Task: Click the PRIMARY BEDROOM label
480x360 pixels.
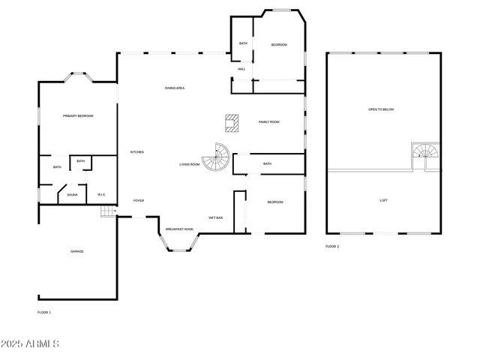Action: [x=78, y=115]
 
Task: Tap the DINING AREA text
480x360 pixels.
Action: [x=175, y=88]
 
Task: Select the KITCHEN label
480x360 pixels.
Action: [x=137, y=152]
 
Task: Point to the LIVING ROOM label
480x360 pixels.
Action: [x=189, y=164]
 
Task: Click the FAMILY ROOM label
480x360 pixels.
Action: [x=269, y=121]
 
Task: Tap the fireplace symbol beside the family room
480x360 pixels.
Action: [x=232, y=122]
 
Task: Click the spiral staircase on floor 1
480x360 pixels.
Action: [x=218, y=156]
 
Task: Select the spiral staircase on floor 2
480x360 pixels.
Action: [x=424, y=156]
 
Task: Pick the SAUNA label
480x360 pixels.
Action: [x=72, y=195]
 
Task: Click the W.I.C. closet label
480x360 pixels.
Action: [x=102, y=195]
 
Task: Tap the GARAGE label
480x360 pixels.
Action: [x=77, y=251]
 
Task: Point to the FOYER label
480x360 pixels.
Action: [x=139, y=201]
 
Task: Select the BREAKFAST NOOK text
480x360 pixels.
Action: [x=179, y=229]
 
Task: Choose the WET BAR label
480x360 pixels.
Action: [x=215, y=217]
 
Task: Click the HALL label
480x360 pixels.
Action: [x=241, y=69]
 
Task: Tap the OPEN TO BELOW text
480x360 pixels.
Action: [x=381, y=109]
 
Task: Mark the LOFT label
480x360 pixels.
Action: [x=383, y=200]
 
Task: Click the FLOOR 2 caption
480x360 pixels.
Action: [x=332, y=246]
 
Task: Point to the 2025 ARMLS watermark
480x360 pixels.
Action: [x=30, y=343]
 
